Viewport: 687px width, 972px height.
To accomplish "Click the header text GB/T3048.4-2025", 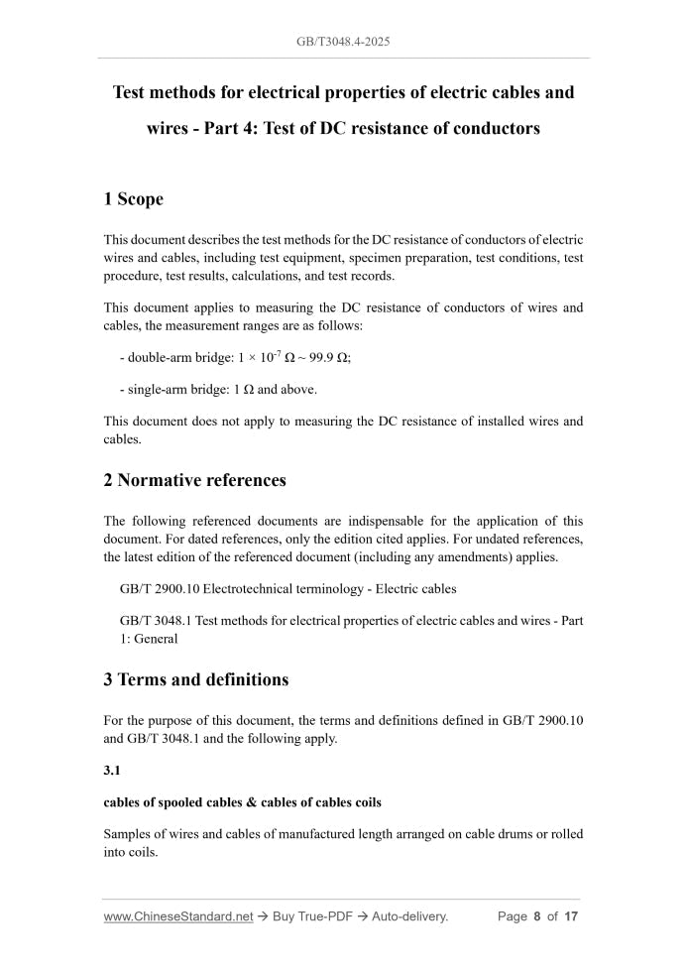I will [x=343, y=42].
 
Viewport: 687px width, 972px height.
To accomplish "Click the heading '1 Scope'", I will [x=133, y=199].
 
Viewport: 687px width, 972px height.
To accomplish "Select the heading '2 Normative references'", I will [x=194, y=480].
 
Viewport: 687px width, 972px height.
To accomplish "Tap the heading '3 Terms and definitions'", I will [x=196, y=679].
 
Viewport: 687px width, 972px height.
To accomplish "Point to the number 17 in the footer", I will [x=570, y=916].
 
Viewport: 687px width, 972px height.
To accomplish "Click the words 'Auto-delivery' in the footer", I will [x=409, y=916].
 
